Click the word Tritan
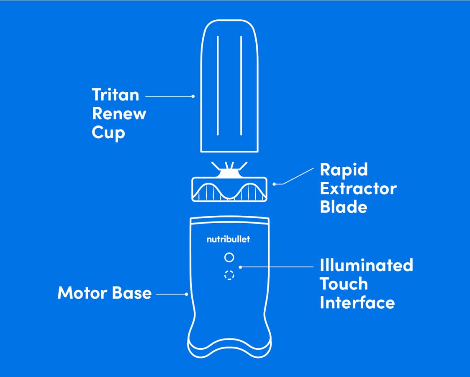coord(115,95)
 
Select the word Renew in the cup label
coord(119,114)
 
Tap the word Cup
coord(108,133)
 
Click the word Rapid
coord(344,170)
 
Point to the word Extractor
coord(358,188)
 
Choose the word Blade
coord(343,207)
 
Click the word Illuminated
coord(366,265)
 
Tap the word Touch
coord(344,284)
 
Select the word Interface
coord(357,302)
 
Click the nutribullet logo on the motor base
coord(229,240)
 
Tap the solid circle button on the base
coord(229,257)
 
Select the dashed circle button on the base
coord(229,275)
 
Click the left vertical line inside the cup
coord(217,85)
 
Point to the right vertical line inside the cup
coord(241,85)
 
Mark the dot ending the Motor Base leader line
coord(187,294)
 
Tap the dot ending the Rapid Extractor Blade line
coord(274,183)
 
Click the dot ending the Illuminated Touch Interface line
coord(240,266)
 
